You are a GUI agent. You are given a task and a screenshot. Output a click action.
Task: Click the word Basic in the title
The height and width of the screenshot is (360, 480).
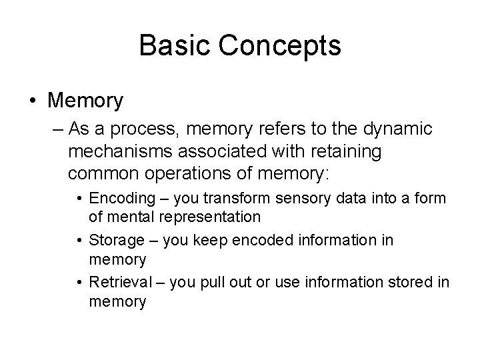point(168,46)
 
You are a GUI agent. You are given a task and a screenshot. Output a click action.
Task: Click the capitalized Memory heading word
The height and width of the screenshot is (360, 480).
point(86,101)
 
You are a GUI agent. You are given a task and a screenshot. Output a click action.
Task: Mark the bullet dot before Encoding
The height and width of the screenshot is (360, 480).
point(79,199)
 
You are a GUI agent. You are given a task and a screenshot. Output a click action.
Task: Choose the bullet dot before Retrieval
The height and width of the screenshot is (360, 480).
point(79,283)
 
